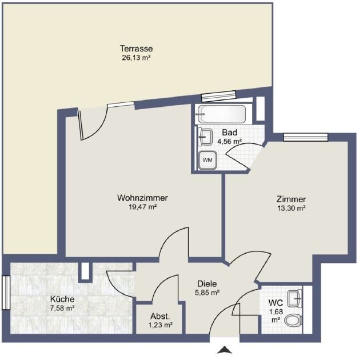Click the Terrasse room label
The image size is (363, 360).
[x=137, y=49]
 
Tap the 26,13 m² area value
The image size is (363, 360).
[x=137, y=58]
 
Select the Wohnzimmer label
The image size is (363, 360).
[x=142, y=198]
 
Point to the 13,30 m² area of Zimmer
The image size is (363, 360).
[x=291, y=208]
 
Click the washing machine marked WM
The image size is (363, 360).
[x=208, y=160]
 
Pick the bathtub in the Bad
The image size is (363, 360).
[x=221, y=114]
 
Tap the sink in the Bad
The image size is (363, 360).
[x=205, y=137]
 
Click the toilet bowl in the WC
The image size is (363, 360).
[x=293, y=321]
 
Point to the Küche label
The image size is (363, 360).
[x=62, y=299]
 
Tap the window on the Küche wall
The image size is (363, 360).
[x=6, y=293]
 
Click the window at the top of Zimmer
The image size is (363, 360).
[x=306, y=137]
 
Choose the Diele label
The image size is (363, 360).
[x=207, y=283]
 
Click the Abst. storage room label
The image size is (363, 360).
[x=160, y=316]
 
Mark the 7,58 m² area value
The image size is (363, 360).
[x=62, y=308]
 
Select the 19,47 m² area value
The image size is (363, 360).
[x=142, y=207]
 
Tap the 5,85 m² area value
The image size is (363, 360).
[x=207, y=293]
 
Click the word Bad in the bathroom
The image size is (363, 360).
[x=229, y=133]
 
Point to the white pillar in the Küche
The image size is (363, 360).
[x=85, y=271]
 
